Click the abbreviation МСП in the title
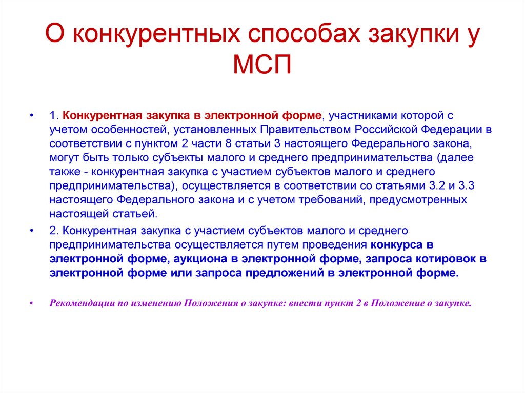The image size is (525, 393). (x=262, y=64)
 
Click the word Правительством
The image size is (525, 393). (x=306, y=130)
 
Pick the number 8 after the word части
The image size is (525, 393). (x=228, y=143)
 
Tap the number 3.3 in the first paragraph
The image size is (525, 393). (x=466, y=186)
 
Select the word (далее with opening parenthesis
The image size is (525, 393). (x=455, y=158)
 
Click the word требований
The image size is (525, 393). (x=331, y=200)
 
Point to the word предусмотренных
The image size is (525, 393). (x=418, y=200)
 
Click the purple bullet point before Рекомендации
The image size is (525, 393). (x=32, y=303)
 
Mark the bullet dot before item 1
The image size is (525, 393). (x=32, y=115)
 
